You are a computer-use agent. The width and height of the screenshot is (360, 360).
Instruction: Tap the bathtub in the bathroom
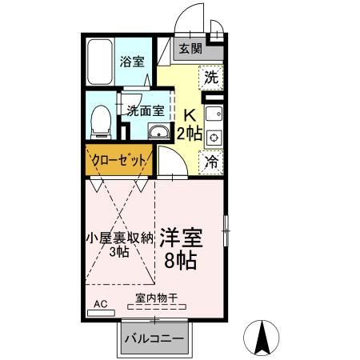coord(102,62)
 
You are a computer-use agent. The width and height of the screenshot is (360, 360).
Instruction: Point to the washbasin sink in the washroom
coord(158,132)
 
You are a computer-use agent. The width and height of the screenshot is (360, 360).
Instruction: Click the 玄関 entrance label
coord(190,49)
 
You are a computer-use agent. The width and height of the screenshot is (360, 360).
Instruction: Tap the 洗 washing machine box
coord(210,78)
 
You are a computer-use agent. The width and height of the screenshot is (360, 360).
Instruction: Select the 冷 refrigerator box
coord(212,161)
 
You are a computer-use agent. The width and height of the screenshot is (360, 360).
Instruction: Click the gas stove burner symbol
coord(214,137)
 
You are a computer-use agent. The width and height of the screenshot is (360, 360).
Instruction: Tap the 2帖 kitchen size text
coord(190,133)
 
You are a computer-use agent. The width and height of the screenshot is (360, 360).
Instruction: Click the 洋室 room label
coord(181,238)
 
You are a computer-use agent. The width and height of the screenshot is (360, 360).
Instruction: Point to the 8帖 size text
coord(181,260)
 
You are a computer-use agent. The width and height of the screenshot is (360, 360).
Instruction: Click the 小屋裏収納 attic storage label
coord(119,238)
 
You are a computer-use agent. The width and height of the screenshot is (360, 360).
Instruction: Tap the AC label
coord(101,304)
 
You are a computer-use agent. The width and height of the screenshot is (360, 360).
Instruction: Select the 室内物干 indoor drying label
coord(156,299)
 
